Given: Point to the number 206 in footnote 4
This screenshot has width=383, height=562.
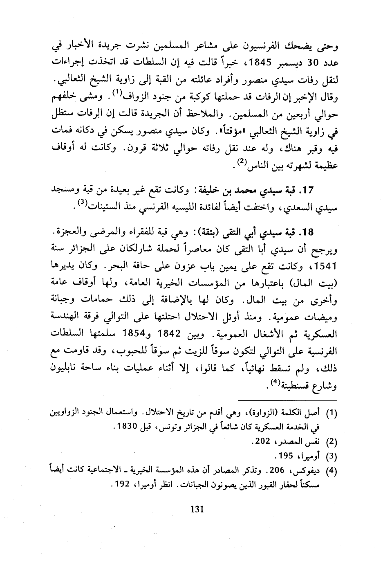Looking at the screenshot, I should (276, 470).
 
